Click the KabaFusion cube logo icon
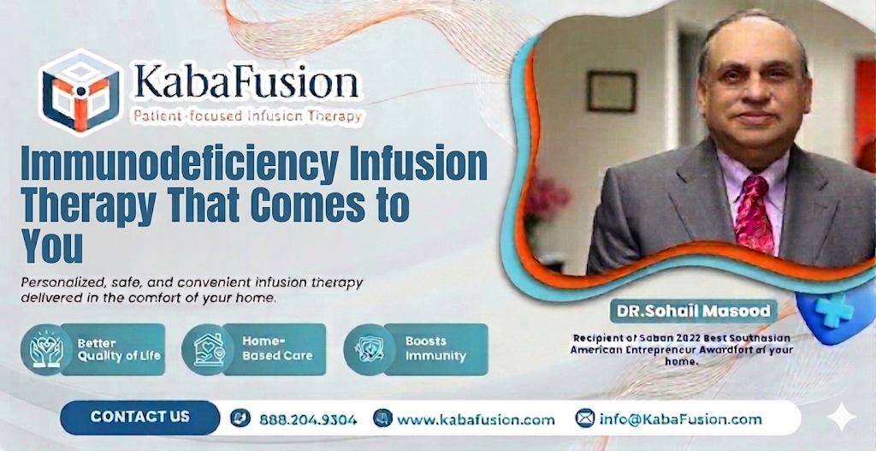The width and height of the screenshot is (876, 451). point(80,90)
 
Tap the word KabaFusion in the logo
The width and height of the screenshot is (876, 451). point(246,83)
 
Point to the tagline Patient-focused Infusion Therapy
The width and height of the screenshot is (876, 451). point(246,116)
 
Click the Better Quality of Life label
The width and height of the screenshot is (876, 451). point(118,349)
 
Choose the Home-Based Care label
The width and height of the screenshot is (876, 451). point(277,348)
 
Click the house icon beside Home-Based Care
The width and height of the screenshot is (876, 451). point(208,349)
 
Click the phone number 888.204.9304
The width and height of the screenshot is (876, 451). point(305,419)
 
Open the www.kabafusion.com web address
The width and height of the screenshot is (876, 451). point(476,419)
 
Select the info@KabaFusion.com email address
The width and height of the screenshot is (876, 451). point(680,418)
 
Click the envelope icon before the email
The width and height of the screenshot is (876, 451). point(585,418)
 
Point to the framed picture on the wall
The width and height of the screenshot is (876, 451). point(611,92)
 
